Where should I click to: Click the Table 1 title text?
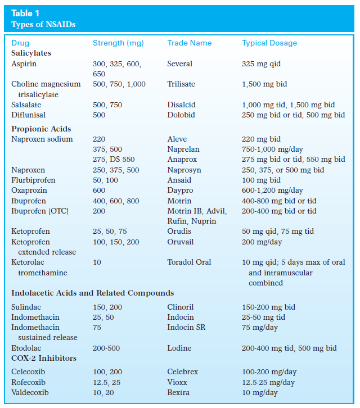pyautogui.click(x=25, y=13)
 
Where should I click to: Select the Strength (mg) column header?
pyautogui.click(x=118, y=43)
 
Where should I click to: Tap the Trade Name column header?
pyautogui.click(x=190, y=43)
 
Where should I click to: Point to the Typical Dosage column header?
pyautogui.click(x=269, y=43)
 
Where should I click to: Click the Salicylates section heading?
pyautogui.click(x=31, y=53)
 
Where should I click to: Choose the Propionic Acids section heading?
pyautogui.click(x=41, y=129)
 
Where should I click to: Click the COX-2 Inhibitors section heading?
pyautogui.click(x=44, y=358)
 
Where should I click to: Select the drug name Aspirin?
pyautogui.click(x=24, y=64)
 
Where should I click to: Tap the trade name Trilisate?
pyautogui.click(x=181, y=84)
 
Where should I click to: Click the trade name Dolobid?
pyautogui.click(x=181, y=115)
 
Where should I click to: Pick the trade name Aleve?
pyautogui.click(x=177, y=139)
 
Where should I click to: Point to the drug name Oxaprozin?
pyautogui.click(x=29, y=190)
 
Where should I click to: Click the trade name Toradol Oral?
pyautogui.click(x=189, y=262)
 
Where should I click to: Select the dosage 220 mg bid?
pyautogui.click(x=261, y=139)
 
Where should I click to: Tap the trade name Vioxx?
pyautogui.click(x=177, y=382)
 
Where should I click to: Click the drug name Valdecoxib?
pyautogui.click(x=30, y=392)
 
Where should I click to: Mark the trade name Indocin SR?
pyautogui.click(x=186, y=327)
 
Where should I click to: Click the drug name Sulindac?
pyautogui.click(x=26, y=307)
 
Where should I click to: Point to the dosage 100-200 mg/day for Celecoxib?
pyautogui.click(x=269, y=372)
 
